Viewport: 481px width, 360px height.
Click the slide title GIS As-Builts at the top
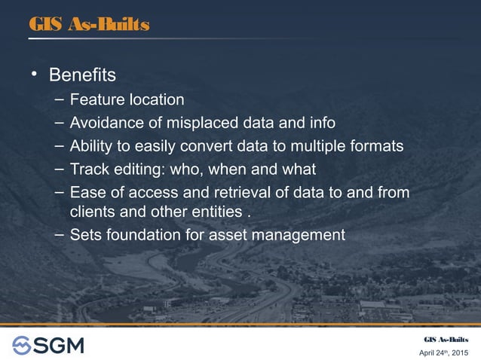89,25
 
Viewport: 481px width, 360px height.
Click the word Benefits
82,75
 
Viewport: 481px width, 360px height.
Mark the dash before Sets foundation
59,234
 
